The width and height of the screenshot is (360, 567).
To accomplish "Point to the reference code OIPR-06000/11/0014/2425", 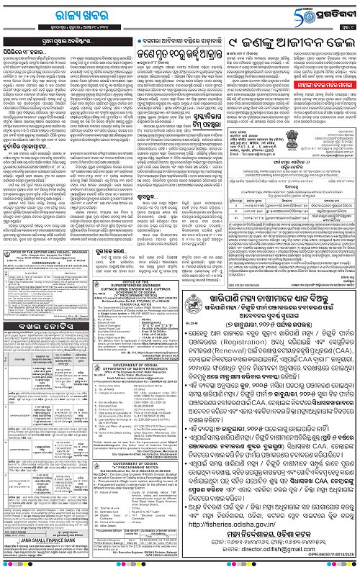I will (328, 563).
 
